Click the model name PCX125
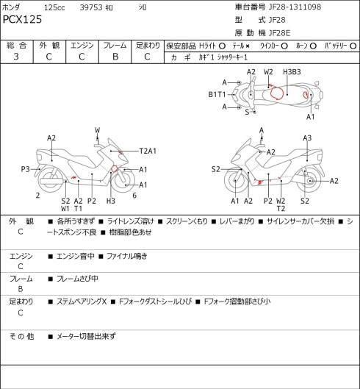point(22,19)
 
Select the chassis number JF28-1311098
point(295,7)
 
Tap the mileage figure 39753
point(91,7)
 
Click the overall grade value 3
point(16,57)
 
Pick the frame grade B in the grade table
point(115,57)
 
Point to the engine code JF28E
point(279,33)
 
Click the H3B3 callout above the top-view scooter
point(292,72)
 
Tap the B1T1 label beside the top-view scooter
point(217,95)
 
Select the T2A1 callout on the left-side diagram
point(148,151)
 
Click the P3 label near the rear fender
point(25,169)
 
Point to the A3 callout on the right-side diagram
point(307,138)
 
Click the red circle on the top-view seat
point(277,94)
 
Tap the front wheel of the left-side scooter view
point(123,180)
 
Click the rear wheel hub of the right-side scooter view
point(310,181)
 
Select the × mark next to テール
point(248,46)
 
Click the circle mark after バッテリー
point(353,46)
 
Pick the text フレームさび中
point(77,279)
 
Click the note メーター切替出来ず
point(86,336)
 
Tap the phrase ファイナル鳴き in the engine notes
point(127,256)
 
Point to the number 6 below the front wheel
point(134,196)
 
